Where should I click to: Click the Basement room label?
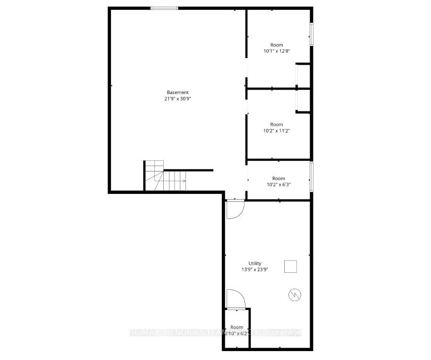(x=177, y=92)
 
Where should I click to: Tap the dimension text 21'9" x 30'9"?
(x=177, y=99)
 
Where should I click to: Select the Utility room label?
(x=255, y=263)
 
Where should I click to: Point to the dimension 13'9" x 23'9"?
(x=255, y=270)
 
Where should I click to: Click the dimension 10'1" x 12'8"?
(x=277, y=51)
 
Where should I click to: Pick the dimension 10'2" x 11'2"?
(x=277, y=131)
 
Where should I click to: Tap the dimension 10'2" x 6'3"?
(x=279, y=184)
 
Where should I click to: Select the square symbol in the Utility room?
(x=290, y=267)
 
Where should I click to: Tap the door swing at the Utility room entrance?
(x=234, y=209)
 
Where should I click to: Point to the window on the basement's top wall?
(x=164, y=8)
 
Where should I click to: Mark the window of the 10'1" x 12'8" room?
(x=311, y=34)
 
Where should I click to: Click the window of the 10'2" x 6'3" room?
(x=311, y=176)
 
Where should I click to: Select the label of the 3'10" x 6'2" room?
(x=237, y=327)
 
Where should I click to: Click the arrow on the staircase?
(x=183, y=181)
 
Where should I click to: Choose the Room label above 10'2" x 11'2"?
(x=277, y=125)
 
